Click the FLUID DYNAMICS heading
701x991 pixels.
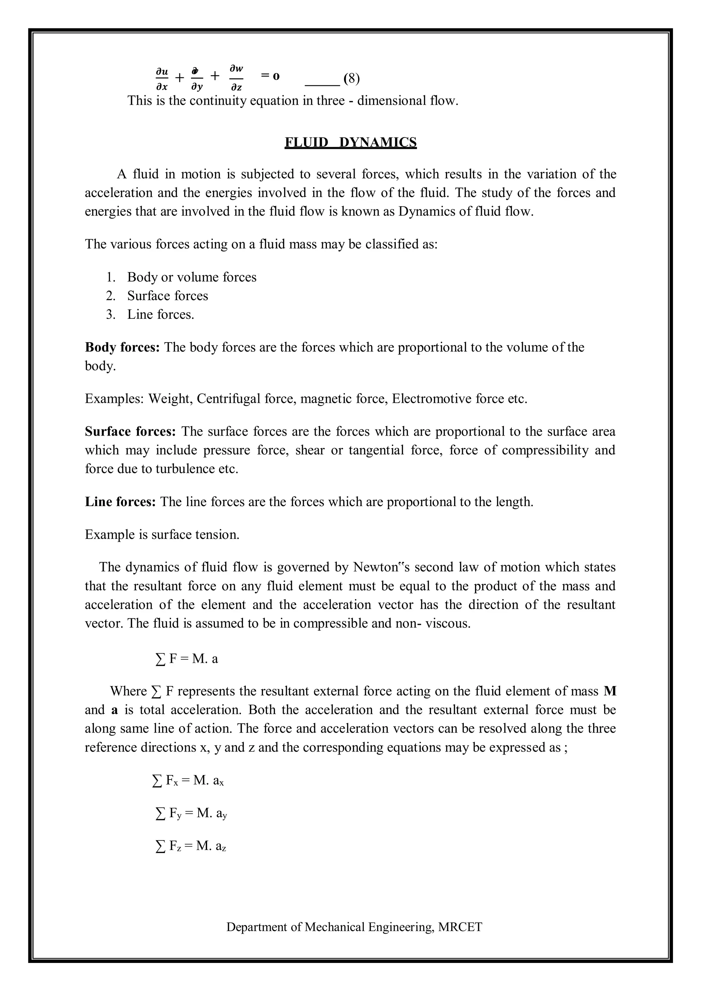coord(350,142)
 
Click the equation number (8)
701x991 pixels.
coord(352,79)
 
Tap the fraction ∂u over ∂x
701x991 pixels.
coord(162,79)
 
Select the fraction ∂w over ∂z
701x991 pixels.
coord(236,79)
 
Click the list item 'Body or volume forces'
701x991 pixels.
coord(192,277)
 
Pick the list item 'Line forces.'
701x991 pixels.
coord(161,314)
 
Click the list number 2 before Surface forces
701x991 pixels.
coord(111,296)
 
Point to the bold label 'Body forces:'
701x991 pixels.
coord(122,347)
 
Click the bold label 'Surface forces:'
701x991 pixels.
coord(130,431)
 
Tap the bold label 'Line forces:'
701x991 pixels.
coord(120,502)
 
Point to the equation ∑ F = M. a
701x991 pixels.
coord(187,659)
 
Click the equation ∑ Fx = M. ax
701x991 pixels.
coord(188,780)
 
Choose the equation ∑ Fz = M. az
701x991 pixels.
coord(190,846)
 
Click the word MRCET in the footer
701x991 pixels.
coord(460,927)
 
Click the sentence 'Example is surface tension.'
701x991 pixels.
coord(162,535)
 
